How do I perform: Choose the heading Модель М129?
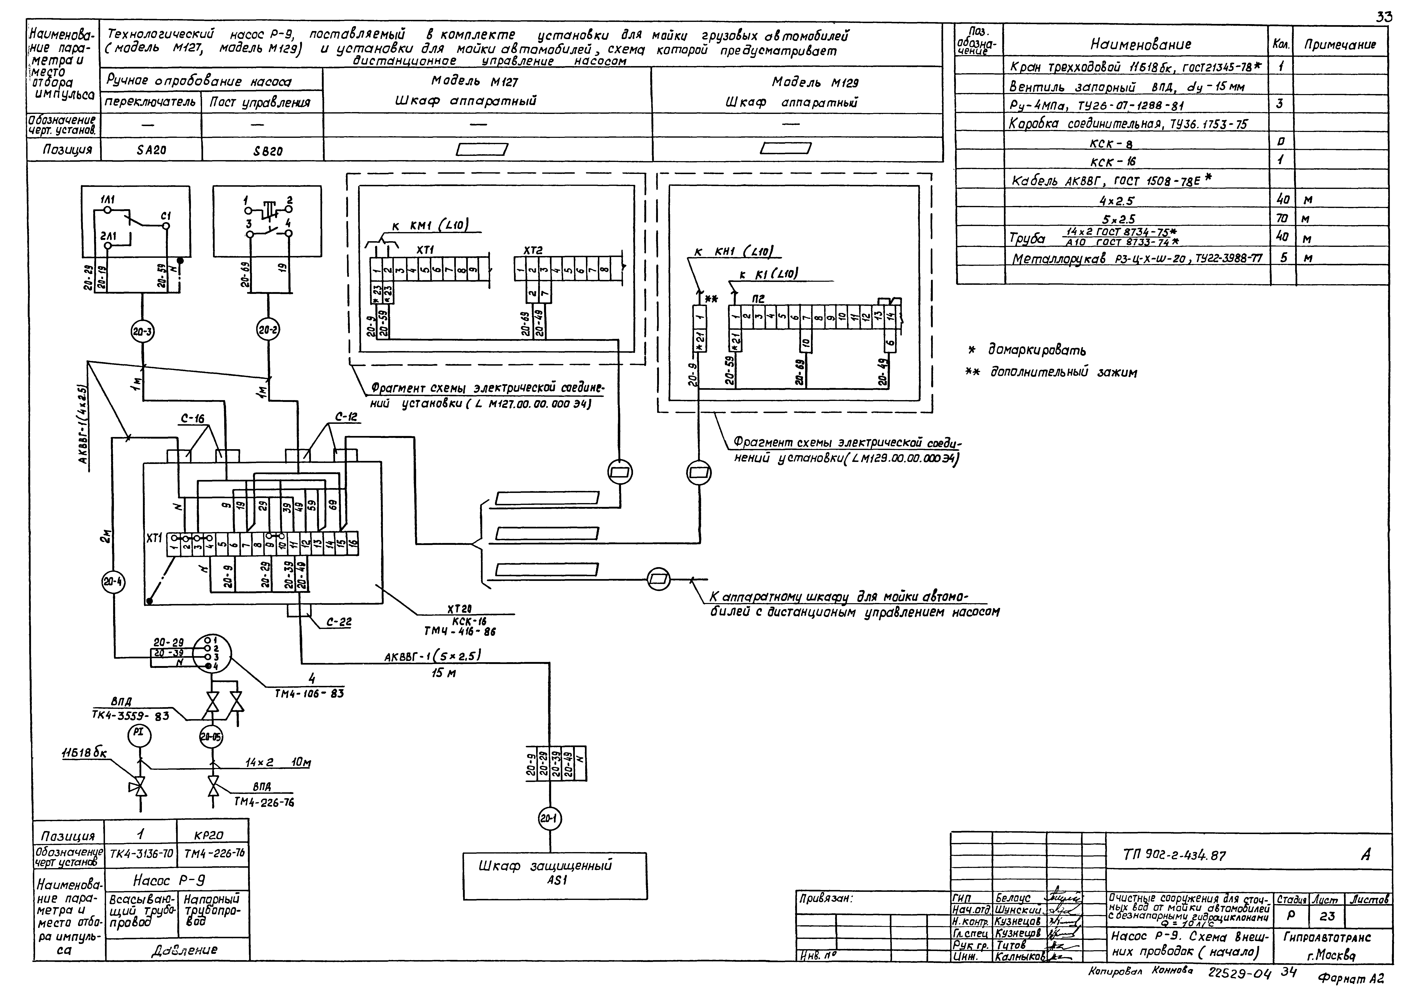[x=815, y=82]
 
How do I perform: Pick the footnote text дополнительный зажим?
[x=1063, y=373]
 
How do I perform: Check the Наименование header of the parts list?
[x=1141, y=44]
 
